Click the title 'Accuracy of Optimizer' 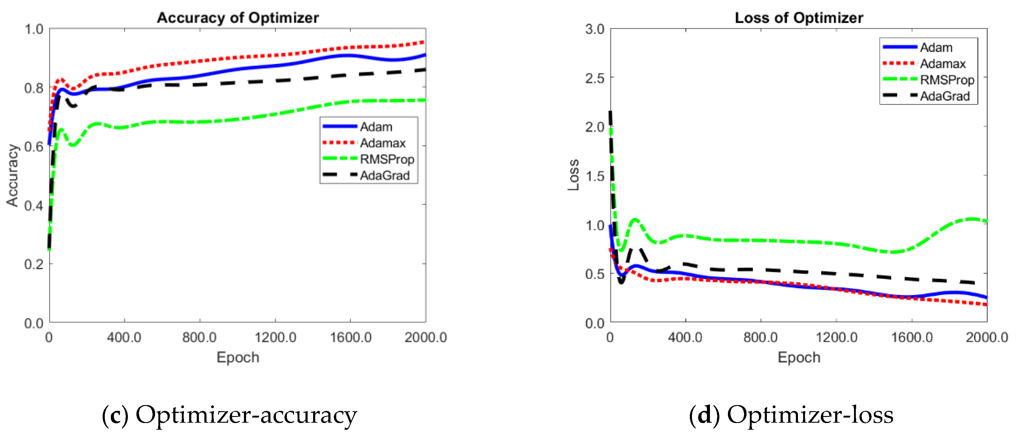coord(238,18)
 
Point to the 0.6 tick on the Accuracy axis coord(34,147)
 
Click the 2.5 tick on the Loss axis coord(595,78)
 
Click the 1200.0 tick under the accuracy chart coord(275,337)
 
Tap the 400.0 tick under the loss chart coord(685,337)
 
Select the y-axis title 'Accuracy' coord(13,175)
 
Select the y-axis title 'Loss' coord(574,175)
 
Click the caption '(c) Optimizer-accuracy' coord(229,415)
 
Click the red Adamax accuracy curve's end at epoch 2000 coord(425,42)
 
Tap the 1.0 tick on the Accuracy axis coord(34,29)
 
